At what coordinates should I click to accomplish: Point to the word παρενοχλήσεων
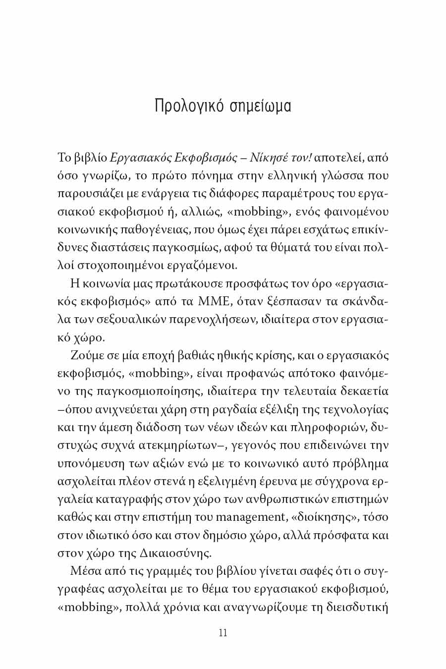[214, 320]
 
